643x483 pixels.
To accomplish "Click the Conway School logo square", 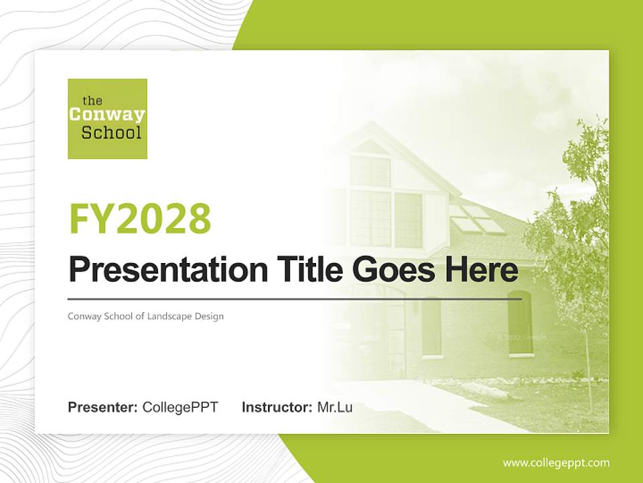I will point(107,119).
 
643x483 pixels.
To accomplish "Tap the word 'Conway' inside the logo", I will point(107,115).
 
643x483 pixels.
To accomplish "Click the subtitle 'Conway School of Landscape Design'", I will point(145,316).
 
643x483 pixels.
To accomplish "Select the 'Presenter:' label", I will point(103,407).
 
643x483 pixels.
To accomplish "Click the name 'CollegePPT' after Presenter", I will point(180,407).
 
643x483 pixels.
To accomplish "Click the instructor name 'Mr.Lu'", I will point(335,407).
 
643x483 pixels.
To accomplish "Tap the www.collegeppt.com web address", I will point(556,463).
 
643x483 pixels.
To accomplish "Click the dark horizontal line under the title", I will point(295,299).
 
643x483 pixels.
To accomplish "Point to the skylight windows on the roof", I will point(477,219).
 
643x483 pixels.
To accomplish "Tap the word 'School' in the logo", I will point(111,132).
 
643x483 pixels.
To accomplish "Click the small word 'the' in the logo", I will point(92,101).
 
